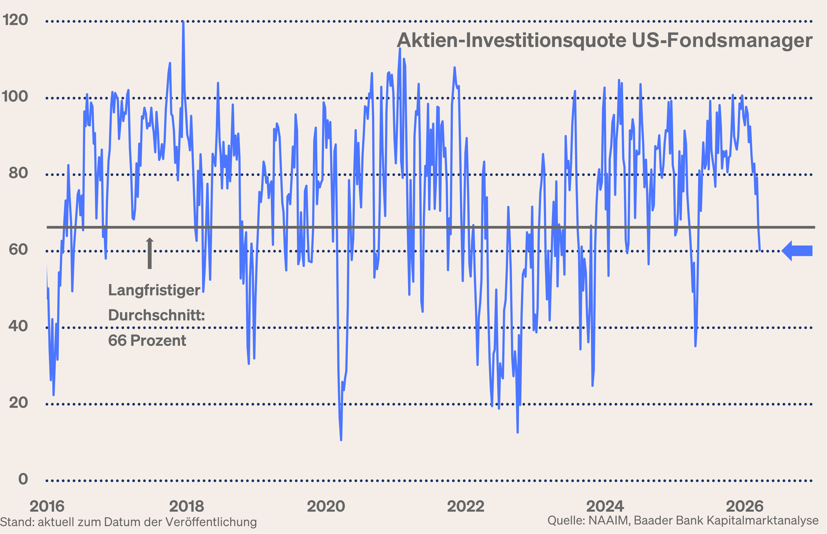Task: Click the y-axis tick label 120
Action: [x=15, y=20]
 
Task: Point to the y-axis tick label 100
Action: [x=15, y=96]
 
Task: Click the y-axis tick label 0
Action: [x=23, y=479]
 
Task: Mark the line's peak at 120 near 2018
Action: [x=183, y=22]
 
